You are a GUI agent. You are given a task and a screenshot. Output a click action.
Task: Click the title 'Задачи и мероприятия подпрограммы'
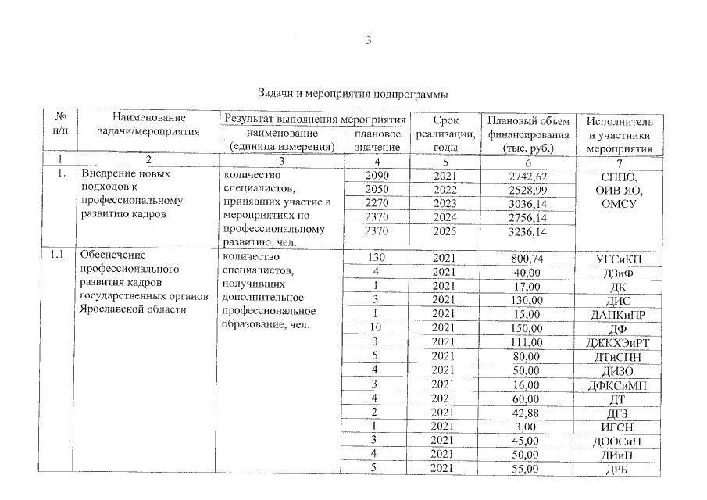[x=353, y=95]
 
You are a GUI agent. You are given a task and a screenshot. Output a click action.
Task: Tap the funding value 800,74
[x=523, y=259]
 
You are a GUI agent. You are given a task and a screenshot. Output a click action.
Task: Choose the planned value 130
[x=377, y=259]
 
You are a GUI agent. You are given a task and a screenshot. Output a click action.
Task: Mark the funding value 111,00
[x=523, y=343]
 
